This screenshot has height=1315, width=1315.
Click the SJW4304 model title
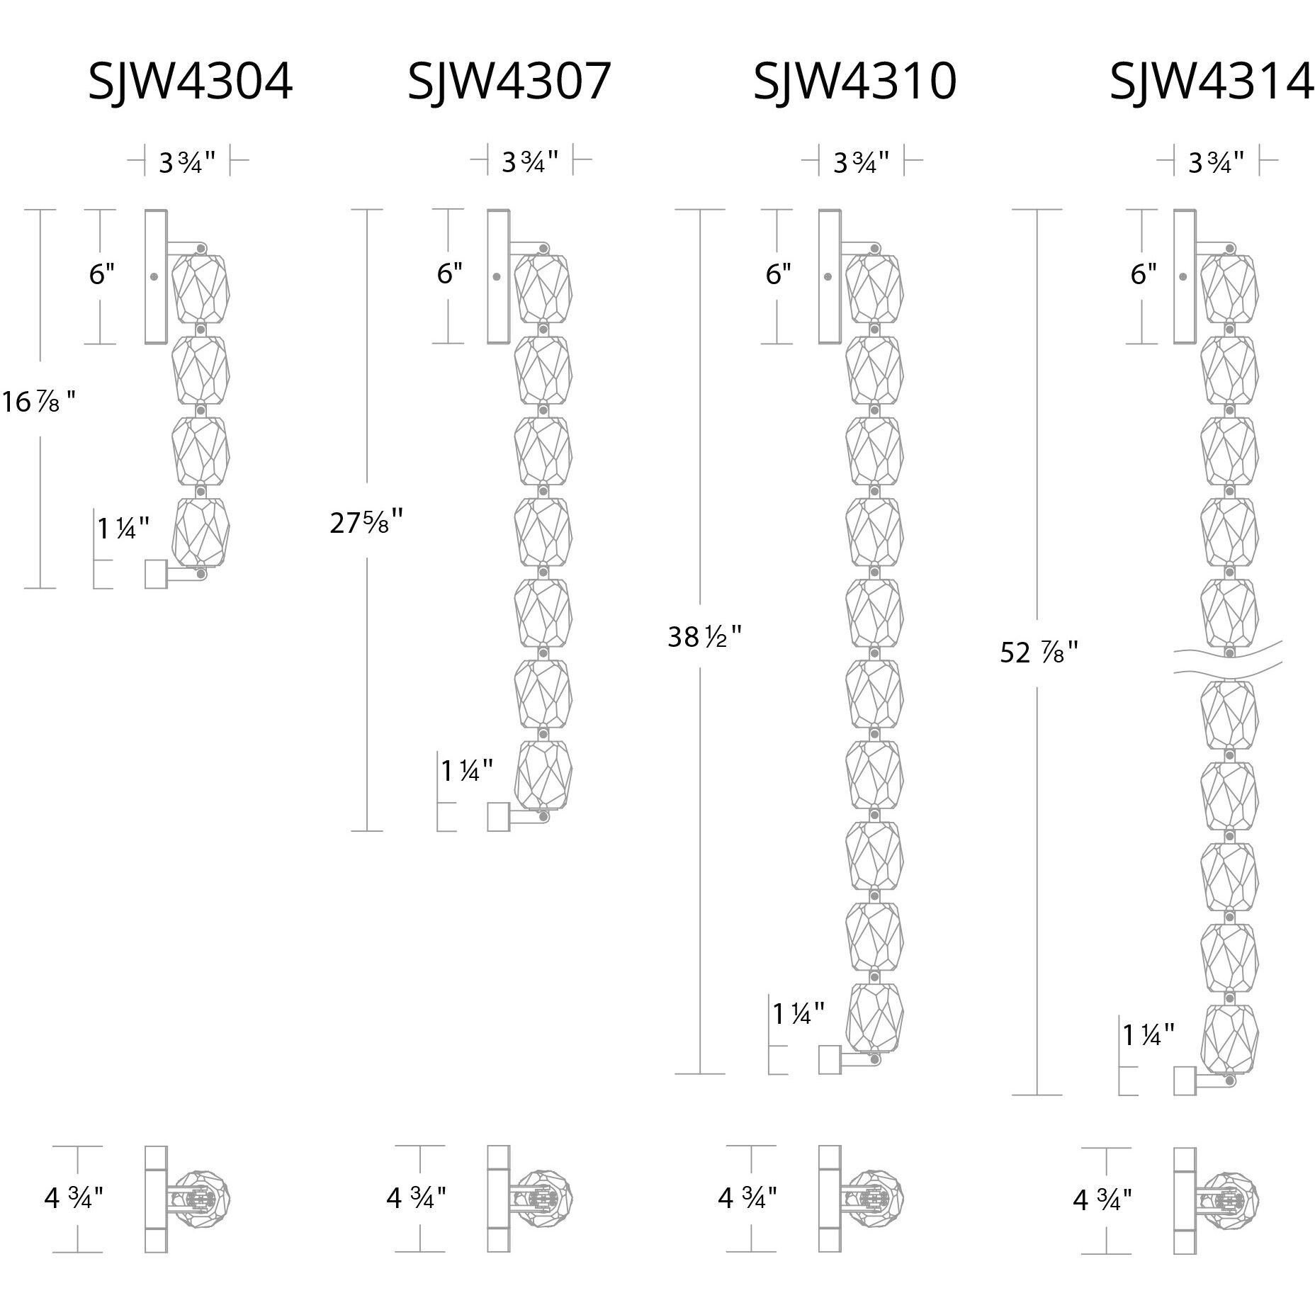click(190, 81)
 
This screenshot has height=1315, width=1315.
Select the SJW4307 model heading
click(509, 81)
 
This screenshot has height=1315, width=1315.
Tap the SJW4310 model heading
click(854, 81)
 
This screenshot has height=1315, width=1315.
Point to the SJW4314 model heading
click(1212, 81)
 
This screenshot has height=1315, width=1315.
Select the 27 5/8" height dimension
click(366, 523)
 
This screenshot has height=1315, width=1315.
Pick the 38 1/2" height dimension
click(704, 637)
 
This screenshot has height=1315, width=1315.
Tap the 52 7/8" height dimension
click(1039, 652)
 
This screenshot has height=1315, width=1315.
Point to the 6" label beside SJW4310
click(778, 274)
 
